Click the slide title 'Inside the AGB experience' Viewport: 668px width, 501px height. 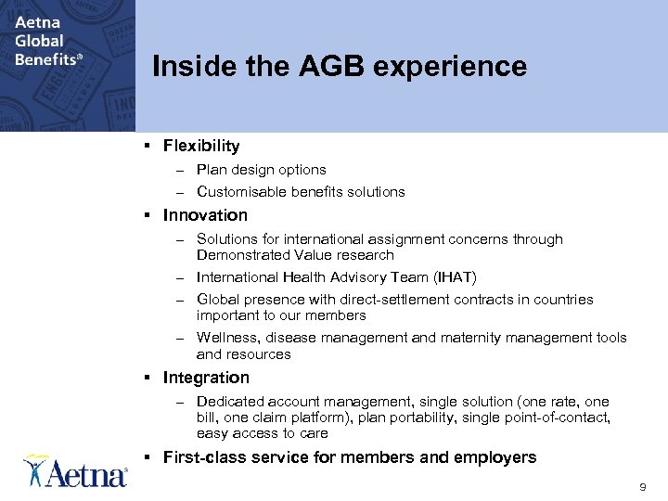(x=339, y=67)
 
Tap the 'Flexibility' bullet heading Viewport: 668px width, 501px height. (x=201, y=146)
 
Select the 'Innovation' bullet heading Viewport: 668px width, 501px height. (x=205, y=215)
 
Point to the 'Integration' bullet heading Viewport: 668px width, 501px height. (x=206, y=378)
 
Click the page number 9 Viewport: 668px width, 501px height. (x=643, y=487)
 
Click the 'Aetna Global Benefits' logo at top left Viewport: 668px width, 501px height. (x=47, y=42)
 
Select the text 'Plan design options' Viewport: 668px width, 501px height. (x=261, y=170)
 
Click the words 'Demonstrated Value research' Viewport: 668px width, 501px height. (x=295, y=255)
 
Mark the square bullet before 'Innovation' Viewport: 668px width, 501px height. (x=148, y=215)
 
